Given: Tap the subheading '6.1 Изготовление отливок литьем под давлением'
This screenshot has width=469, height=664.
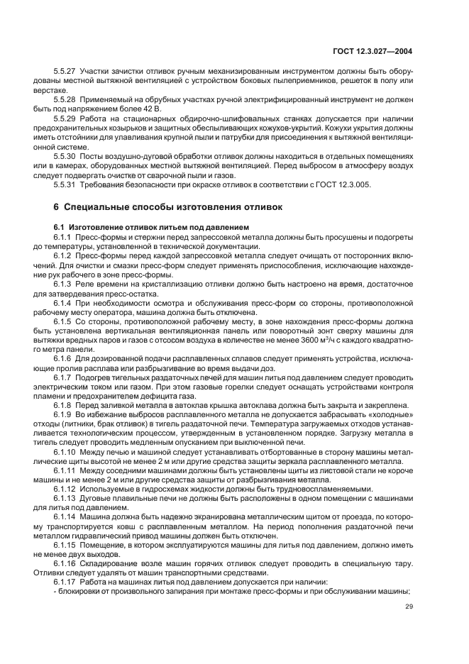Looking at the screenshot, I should [x=136, y=226].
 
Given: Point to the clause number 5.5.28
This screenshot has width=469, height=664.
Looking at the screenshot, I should [x=65, y=101].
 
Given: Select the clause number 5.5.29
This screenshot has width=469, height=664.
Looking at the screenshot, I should [x=65, y=120].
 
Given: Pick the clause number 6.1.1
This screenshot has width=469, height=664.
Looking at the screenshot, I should [x=62, y=236].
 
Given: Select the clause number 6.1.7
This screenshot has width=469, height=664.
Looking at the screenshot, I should [x=62, y=377].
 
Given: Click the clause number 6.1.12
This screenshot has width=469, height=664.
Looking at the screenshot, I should [x=65, y=488].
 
